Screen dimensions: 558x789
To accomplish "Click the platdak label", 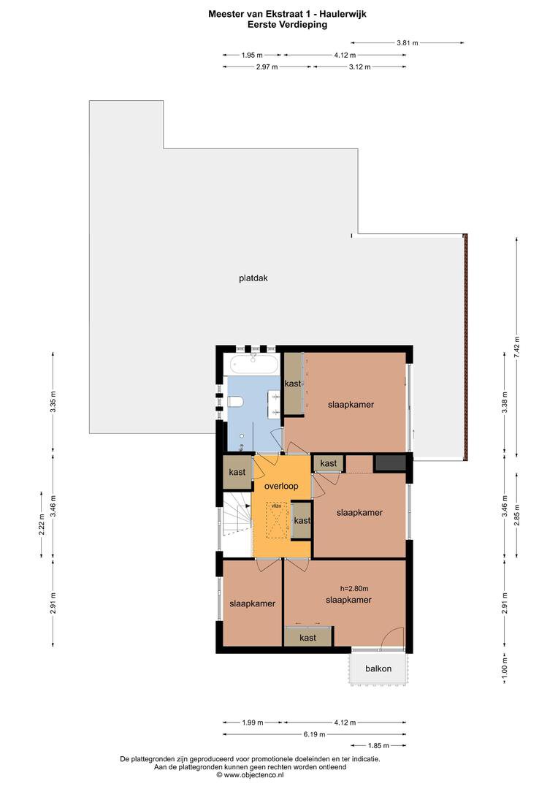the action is pos(253,278).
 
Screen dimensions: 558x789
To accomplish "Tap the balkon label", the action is pos(378,668).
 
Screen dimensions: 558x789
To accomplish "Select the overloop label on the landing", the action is pos(281,486).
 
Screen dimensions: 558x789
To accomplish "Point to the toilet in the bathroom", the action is pos(235,401).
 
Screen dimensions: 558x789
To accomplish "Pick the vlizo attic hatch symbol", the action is pos(277,520).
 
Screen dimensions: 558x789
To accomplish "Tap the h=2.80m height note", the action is pos(354,588).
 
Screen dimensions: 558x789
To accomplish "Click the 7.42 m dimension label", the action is pos(517,346).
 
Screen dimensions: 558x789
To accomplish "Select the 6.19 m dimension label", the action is pos(315,734).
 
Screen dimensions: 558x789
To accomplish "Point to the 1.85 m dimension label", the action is pos(378,745).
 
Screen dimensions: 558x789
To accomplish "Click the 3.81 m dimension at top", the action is pos(407,43).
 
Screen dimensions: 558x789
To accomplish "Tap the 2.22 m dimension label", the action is pos(42,526).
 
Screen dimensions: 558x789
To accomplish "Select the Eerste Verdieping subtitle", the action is pos(287,25).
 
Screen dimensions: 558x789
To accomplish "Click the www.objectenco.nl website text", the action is pos(250,775).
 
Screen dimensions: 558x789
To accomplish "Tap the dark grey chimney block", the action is pos(389,463).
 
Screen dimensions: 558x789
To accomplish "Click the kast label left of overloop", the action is pos(237,472).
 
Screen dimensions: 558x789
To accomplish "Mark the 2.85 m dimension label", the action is pos(517,515).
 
